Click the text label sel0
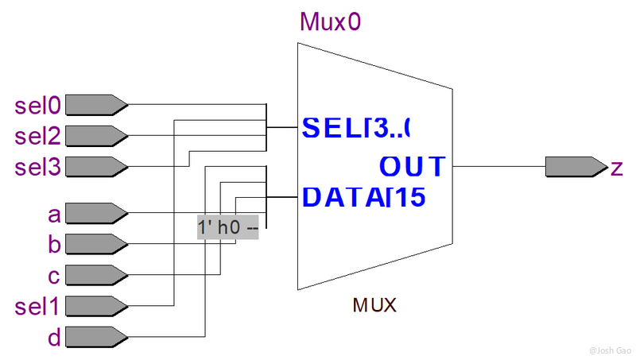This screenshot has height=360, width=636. click(38, 105)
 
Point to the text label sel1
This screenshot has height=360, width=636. click(38, 307)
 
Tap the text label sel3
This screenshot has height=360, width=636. click(38, 167)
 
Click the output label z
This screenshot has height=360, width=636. click(616, 168)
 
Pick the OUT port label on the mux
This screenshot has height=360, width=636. click(411, 166)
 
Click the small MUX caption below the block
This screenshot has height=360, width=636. click(374, 304)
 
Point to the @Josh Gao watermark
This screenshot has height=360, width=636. click(608, 350)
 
